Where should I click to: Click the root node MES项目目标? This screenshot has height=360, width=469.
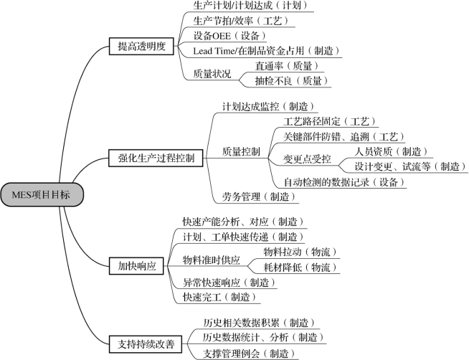tap(42, 194)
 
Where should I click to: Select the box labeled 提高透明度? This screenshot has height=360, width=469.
tap(141, 47)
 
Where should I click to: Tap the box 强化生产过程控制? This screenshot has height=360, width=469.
tap(156, 158)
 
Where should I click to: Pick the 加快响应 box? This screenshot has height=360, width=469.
tap(137, 266)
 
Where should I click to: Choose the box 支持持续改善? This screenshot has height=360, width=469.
tap(146, 344)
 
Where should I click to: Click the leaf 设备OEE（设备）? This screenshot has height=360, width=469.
tap(229, 36)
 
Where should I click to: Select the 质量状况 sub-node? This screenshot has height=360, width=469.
tap(212, 74)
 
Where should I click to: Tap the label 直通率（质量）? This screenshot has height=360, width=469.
tap(287, 66)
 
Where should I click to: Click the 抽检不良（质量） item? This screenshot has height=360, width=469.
tap(292, 81)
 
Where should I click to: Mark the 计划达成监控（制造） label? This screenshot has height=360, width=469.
tap(269, 106)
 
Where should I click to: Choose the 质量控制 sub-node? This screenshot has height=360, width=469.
tap(241, 151)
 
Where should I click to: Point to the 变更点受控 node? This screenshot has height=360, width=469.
tap(307, 159)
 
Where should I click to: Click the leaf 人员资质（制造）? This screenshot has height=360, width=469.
tap(392, 151)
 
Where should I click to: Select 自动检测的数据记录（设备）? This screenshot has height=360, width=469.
tap(344, 182)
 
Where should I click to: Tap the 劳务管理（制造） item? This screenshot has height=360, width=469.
tap(259, 196)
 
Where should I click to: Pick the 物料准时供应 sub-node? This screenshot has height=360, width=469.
tap(212, 260)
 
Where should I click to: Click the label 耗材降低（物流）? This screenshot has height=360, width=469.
tap(300, 267)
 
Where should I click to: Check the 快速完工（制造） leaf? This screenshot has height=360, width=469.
tap(220, 297)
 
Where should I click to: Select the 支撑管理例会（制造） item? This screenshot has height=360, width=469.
tap(250, 354)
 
